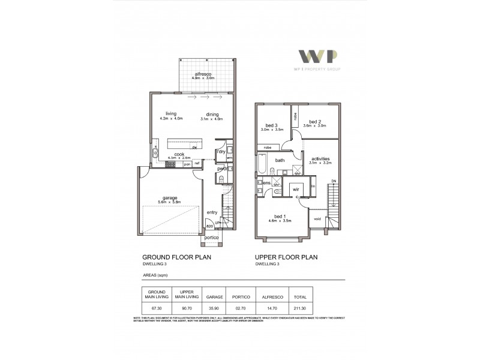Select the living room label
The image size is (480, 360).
[171, 114]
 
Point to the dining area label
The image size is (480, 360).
[212, 114]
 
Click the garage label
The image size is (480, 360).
[169, 197]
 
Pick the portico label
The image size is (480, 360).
[211, 238]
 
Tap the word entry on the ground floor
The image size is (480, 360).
[212, 212]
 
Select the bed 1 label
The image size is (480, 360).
[280, 217]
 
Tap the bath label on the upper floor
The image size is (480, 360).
[280, 160]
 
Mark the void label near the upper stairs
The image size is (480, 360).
[317, 219]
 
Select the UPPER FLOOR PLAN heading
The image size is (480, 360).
[286, 257]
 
